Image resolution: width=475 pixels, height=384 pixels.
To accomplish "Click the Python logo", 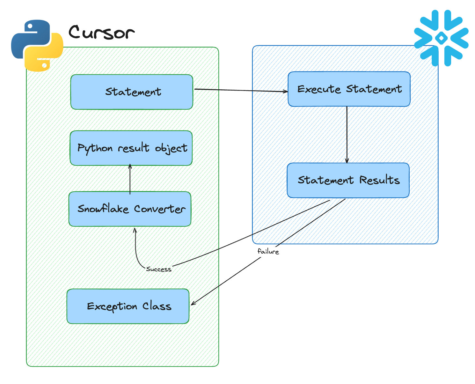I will click(x=37, y=46).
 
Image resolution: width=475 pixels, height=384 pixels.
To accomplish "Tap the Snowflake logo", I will click(x=441, y=38).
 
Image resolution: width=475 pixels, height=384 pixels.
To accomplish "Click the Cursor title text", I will click(x=101, y=33).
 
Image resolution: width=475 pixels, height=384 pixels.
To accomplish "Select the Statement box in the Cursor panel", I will click(x=132, y=92).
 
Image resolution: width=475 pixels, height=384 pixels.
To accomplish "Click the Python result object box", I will click(x=131, y=148).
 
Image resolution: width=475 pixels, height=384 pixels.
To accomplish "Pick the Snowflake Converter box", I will click(x=130, y=209).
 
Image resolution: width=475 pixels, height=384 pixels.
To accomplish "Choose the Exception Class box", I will click(x=128, y=306).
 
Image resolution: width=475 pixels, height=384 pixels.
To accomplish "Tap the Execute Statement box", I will click(x=349, y=89).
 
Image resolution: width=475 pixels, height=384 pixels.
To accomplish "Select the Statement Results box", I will click(x=348, y=181).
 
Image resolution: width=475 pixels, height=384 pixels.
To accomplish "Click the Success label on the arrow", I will click(x=158, y=269).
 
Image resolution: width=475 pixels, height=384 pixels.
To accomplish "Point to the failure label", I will click(x=268, y=252).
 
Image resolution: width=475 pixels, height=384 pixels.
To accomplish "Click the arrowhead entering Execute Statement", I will click(x=286, y=92).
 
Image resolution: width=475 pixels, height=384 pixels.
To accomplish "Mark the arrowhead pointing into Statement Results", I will click(x=347, y=161).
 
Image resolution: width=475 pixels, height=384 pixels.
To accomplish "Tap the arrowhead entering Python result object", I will click(x=130, y=166).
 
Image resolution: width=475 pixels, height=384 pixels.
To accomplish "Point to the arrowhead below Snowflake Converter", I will click(x=135, y=230).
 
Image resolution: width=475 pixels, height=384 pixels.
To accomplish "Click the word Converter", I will click(x=159, y=209).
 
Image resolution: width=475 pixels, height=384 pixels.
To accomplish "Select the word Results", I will click(x=379, y=180).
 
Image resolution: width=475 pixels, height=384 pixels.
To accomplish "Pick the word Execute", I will click(x=319, y=89).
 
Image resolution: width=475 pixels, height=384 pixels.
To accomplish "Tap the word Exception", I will click(x=112, y=307).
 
